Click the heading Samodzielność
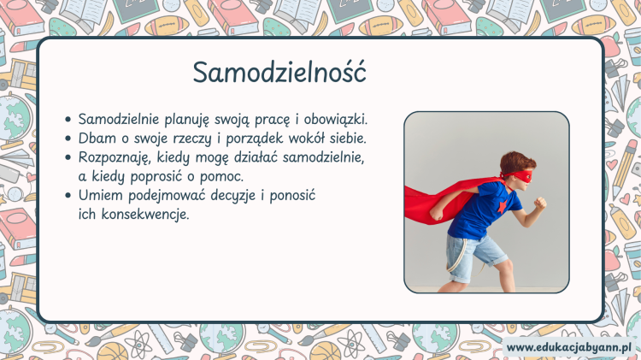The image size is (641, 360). [279, 72]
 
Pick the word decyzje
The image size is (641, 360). [233, 196]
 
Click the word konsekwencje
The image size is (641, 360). [145, 215]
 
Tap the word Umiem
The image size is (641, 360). [101, 195]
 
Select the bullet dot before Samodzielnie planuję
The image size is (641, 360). [68, 120]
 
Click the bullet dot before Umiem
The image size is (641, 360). [68, 196]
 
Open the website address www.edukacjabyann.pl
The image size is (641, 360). [568, 348]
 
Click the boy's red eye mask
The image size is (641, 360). [520, 176]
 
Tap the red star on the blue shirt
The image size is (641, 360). [502, 207]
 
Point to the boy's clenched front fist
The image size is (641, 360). [540, 203]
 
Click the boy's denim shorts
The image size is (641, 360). [475, 255]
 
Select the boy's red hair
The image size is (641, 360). [516, 162]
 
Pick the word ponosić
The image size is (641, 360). [292, 196]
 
